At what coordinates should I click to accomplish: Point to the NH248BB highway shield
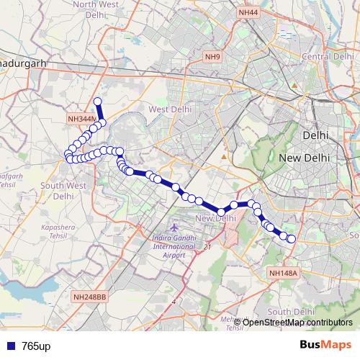(90, 297)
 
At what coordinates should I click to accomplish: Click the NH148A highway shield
(282, 273)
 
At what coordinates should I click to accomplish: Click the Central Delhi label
(326, 56)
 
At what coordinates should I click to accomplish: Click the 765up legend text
(36, 346)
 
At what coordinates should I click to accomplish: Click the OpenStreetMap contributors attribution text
(297, 322)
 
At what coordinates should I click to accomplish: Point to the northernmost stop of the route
(98, 102)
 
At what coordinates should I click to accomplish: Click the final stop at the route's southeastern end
(292, 239)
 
